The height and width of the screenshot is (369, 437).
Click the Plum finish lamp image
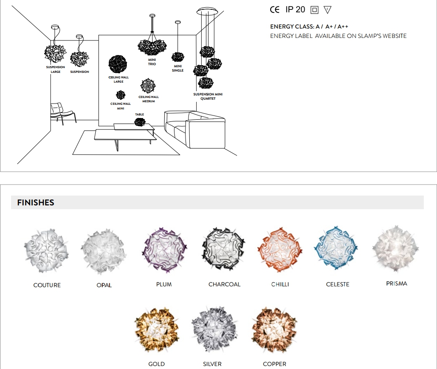(x=164, y=250)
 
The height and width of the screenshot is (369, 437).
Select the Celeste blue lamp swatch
(x=336, y=249)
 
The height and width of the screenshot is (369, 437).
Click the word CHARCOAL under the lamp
(x=224, y=284)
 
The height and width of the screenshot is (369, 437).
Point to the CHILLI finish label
(x=280, y=284)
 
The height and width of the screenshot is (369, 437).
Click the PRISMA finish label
(x=396, y=283)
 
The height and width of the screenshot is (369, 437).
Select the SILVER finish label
(x=212, y=364)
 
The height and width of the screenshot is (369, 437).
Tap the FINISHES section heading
(x=36, y=203)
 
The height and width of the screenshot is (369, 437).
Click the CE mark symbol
(x=275, y=10)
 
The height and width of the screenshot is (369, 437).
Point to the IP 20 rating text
(x=295, y=9)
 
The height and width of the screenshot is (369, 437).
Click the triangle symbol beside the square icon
(x=327, y=9)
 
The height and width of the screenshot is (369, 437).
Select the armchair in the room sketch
(x=62, y=112)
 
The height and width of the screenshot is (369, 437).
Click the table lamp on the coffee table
(x=140, y=122)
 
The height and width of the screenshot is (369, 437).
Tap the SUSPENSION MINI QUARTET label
(x=208, y=96)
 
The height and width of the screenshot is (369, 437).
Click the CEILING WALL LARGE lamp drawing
(x=118, y=64)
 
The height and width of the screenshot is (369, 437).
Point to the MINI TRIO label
(x=152, y=62)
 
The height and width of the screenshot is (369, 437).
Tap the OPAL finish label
(x=104, y=285)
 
